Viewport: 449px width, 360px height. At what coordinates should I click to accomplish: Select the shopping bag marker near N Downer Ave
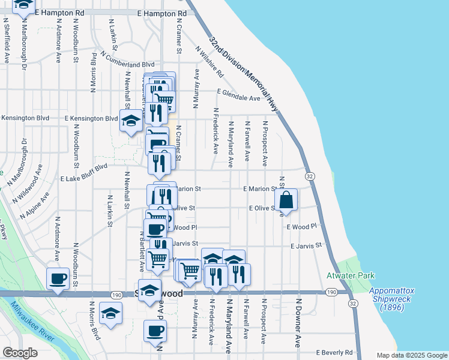coord(287,200)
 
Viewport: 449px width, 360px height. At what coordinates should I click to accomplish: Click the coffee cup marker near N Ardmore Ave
coord(58,279)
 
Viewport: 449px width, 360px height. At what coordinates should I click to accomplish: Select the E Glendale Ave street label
coord(238,97)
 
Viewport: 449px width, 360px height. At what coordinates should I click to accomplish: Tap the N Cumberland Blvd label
coord(128,60)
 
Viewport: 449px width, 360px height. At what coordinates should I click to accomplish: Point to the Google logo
coord(20,353)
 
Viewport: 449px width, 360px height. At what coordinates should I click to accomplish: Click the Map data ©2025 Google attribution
coord(412,355)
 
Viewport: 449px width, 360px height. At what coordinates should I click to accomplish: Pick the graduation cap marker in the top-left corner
coord(23,5)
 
